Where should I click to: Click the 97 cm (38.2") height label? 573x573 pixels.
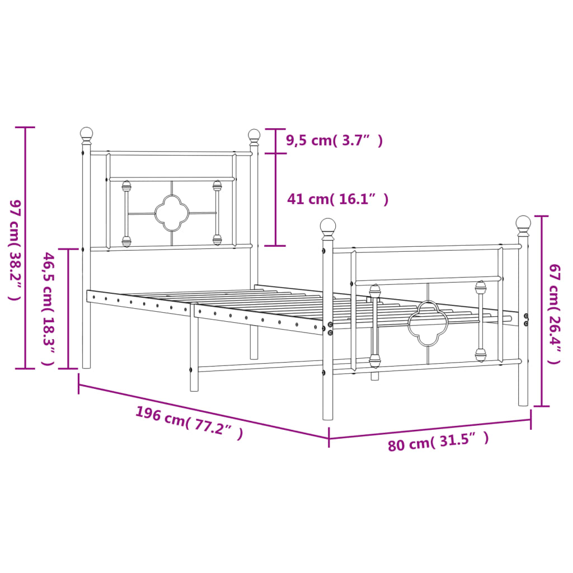pos(15,250)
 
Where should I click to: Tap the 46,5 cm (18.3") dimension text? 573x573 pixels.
pos(49,309)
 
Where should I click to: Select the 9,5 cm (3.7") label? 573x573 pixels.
pos(334,141)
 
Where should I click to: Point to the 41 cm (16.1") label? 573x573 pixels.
pos(337,199)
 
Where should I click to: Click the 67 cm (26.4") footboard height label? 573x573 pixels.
pos(554,314)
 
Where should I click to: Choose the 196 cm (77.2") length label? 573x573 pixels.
pos(189,423)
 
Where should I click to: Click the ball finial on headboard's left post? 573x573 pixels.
pos(86,134)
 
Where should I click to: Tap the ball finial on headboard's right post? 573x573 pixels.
pos(254,135)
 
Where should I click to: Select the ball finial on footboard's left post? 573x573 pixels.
pos(328,227)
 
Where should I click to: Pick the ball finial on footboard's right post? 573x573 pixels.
pos(523,224)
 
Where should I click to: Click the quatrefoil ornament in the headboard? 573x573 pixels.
pos(171,213)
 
